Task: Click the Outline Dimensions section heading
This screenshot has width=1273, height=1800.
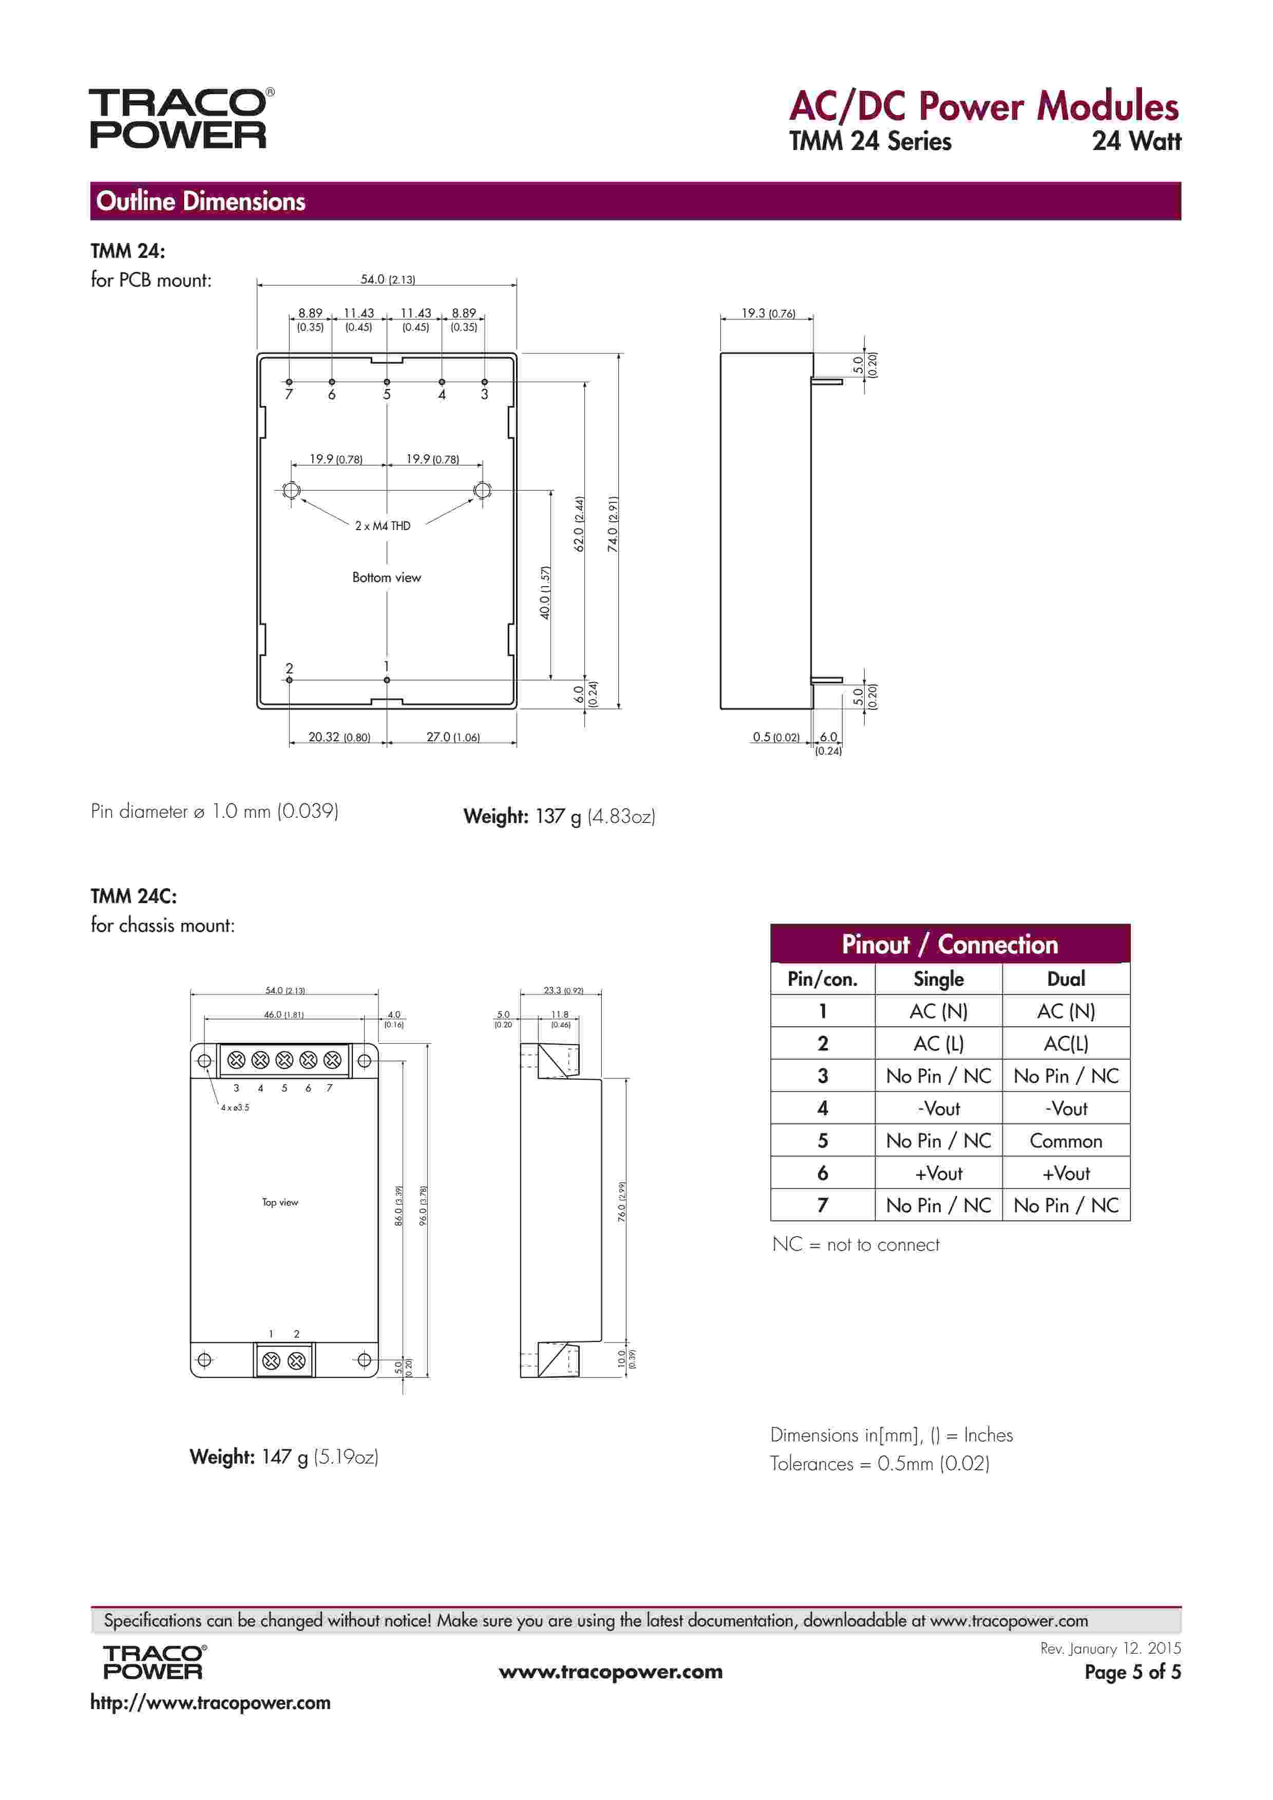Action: point(201,201)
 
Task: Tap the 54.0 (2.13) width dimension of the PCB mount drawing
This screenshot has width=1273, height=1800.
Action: point(387,279)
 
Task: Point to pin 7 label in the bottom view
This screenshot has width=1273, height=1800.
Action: point(289,395)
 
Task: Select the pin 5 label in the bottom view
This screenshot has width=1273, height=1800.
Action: point(387,395)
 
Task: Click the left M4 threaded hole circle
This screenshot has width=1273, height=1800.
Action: point(291,491)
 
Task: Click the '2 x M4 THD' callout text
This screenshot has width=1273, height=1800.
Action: point(383,526)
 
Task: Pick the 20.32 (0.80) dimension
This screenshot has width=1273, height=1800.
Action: point(338,737)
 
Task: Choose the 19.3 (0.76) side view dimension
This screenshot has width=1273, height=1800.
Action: point(767,313)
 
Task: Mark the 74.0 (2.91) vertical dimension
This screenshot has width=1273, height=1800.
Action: point(613,523)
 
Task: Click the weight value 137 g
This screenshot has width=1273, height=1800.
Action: point(558,817)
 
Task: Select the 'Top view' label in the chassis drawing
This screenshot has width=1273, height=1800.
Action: point(280,1203)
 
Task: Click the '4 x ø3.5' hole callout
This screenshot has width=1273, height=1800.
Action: point(234,1108)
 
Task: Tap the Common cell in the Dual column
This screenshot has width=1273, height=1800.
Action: point(1065,1141)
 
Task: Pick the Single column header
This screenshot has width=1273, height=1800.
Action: point(938,979)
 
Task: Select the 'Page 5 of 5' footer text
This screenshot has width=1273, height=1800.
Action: point(1132,1672)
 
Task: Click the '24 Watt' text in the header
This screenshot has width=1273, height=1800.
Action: point(1136,141)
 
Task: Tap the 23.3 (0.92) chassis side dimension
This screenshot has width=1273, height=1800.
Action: point(563,991)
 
